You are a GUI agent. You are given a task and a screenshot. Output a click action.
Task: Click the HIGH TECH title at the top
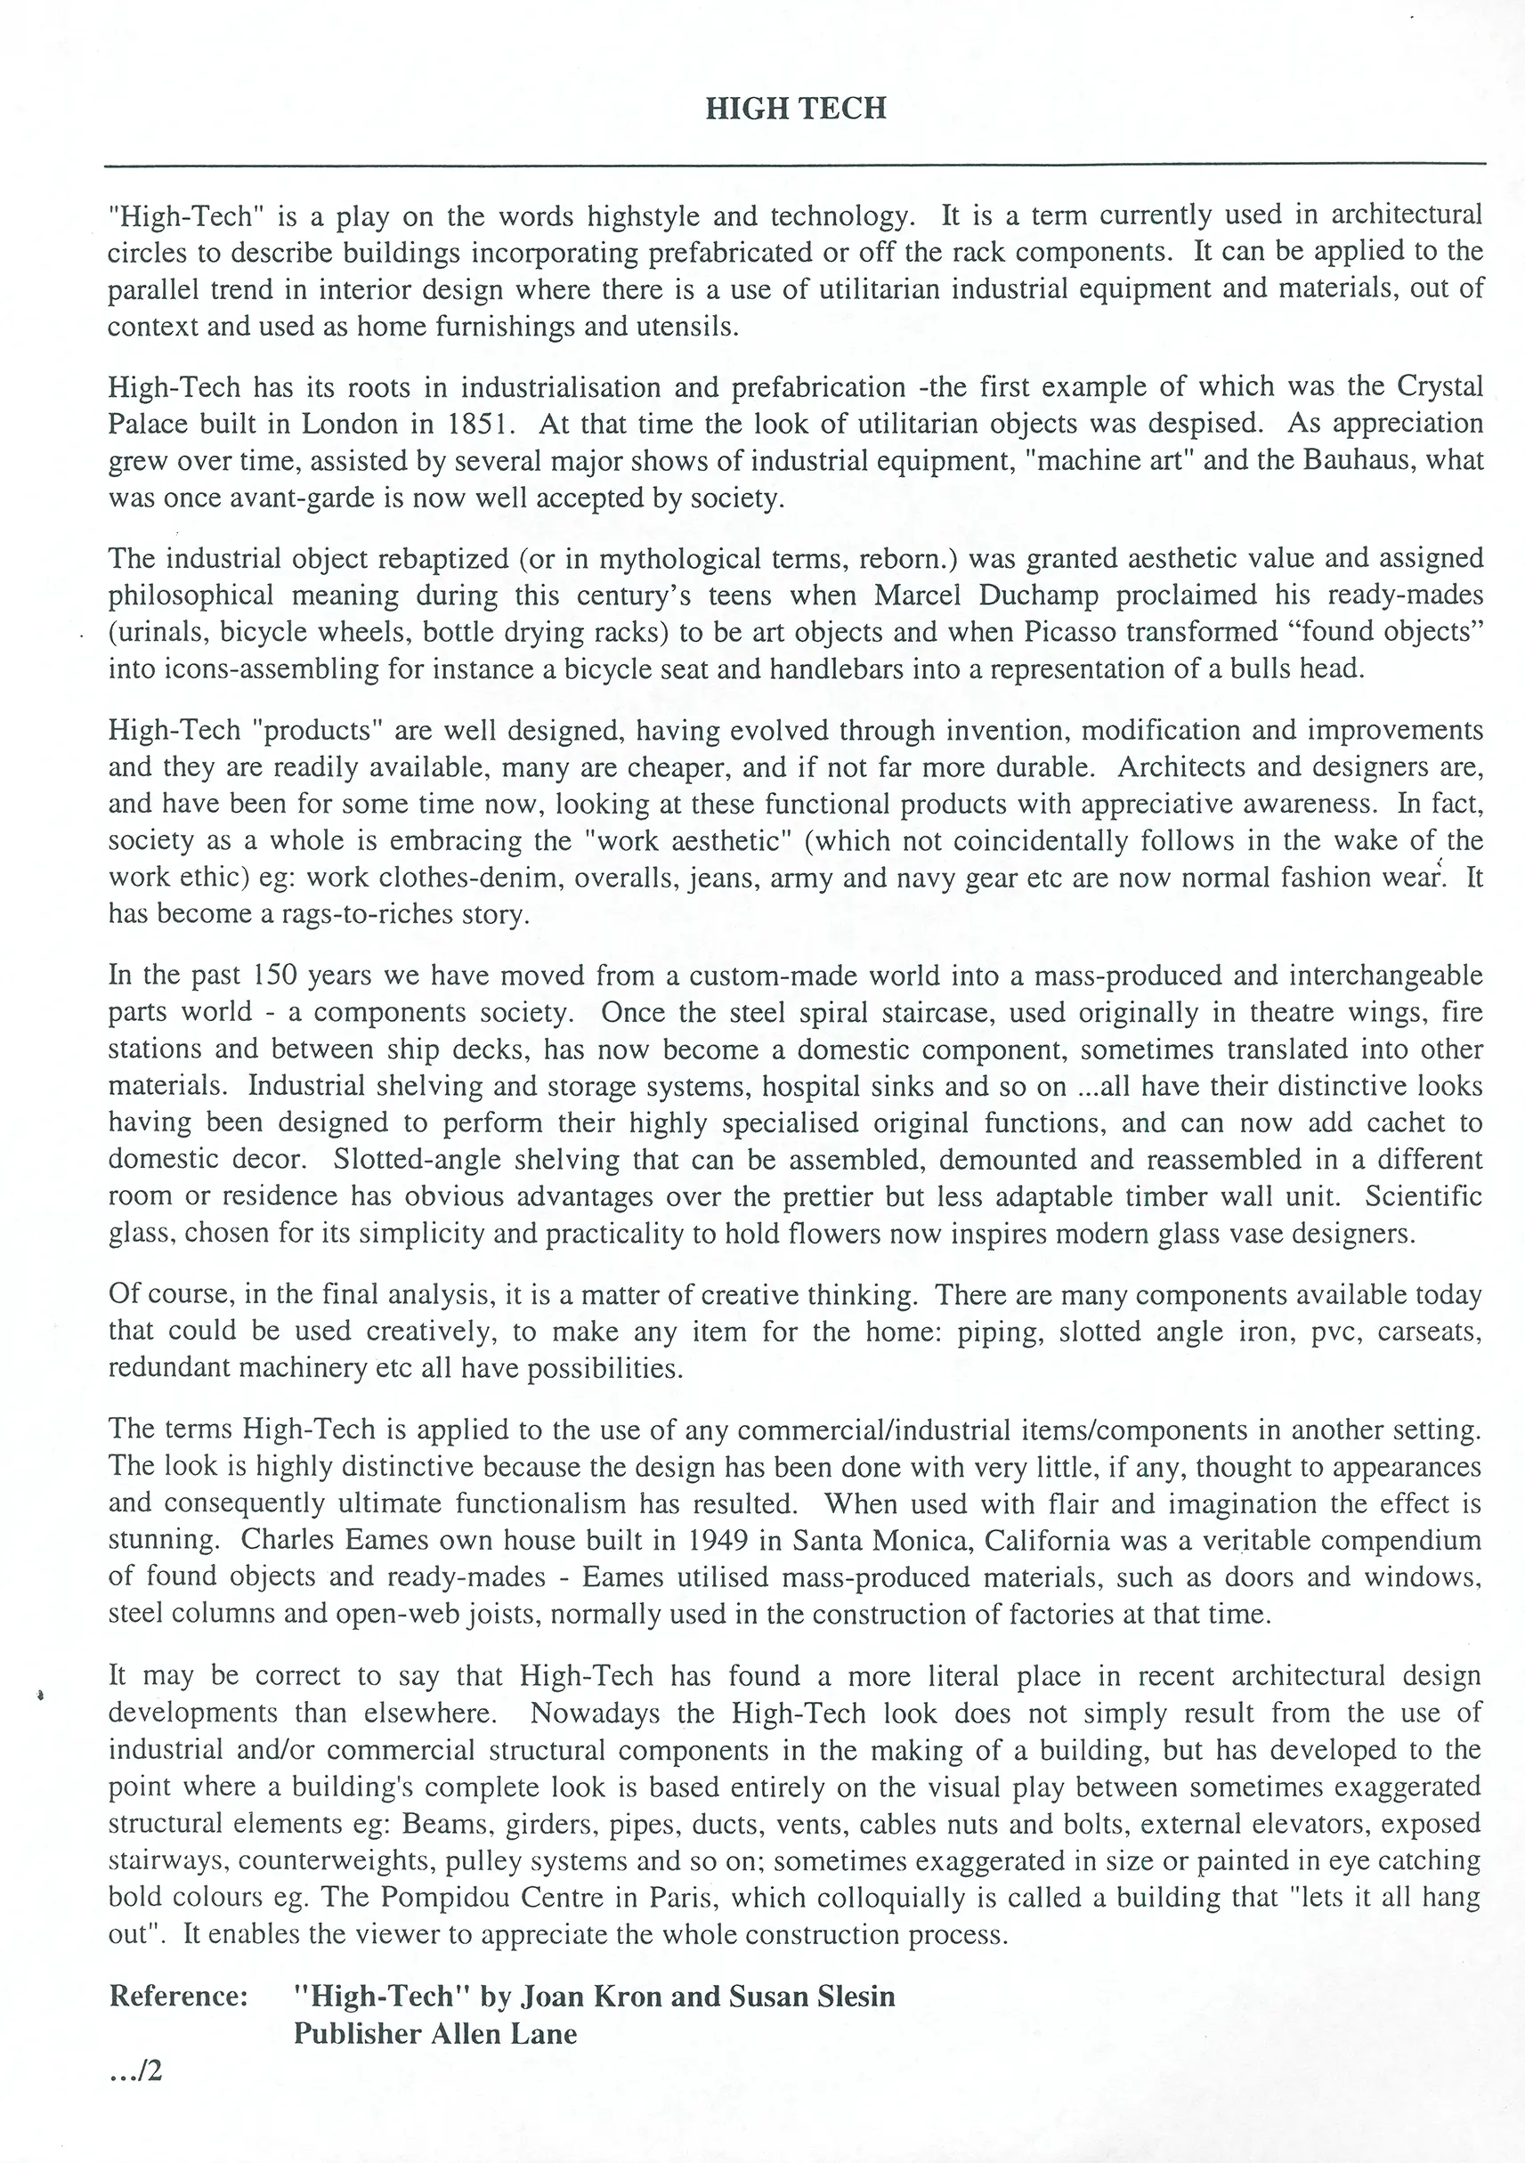click(796, 109)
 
